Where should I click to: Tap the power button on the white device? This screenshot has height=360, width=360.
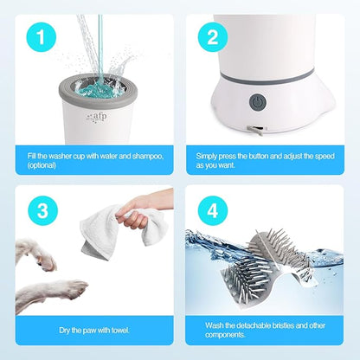pyautogui.click(x=257, y=102)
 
